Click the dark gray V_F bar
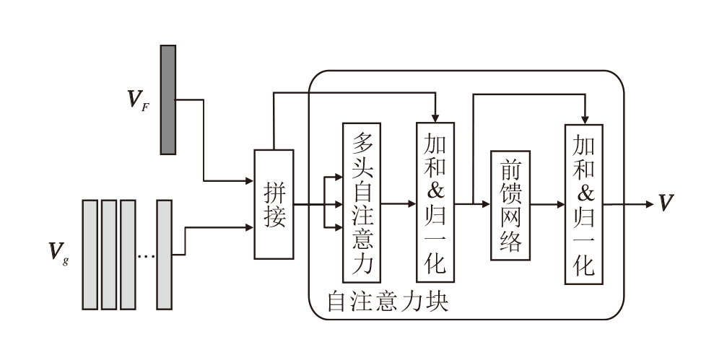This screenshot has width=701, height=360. click(168, 100)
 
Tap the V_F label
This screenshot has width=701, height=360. click(138, 100)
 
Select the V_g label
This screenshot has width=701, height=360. click(57, 252)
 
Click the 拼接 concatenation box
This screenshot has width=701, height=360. click(274, 204)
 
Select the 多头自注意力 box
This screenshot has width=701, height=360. click(361, 203)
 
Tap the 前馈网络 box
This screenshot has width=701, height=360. click(510, 205)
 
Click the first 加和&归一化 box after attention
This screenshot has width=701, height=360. click(435, 202)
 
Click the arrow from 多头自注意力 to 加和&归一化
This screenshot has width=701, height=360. click(399, 204)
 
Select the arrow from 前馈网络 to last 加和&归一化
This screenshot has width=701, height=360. click(547, 205)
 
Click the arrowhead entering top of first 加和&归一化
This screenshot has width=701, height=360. click(435, 117)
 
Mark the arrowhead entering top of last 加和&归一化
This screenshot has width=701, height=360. click(583, 118)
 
